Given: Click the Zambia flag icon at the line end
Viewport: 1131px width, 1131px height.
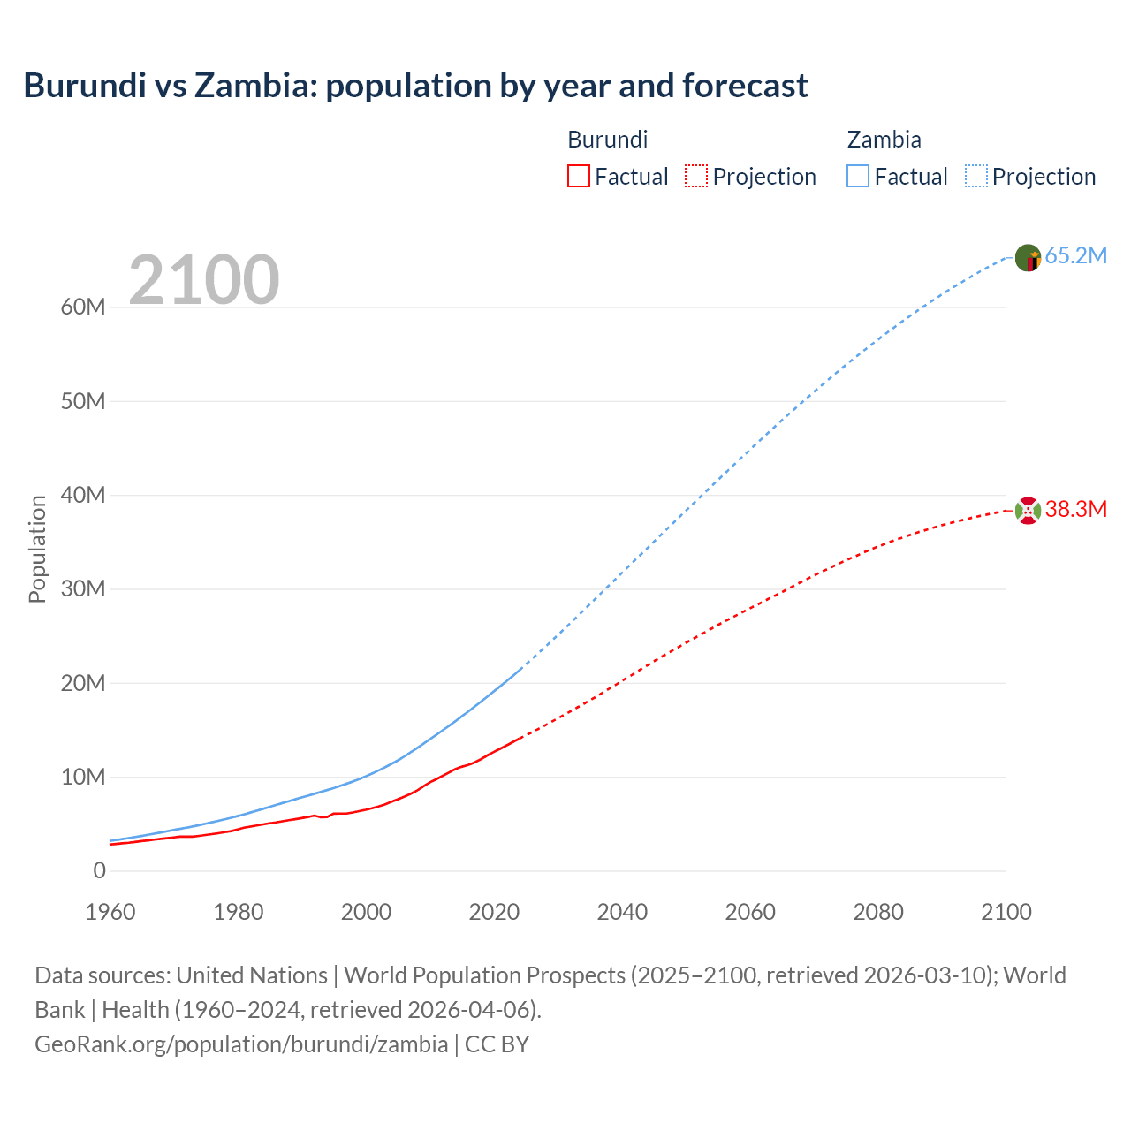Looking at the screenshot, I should click(1028, 257).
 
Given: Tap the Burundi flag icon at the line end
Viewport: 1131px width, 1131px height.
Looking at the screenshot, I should click(1028, 511).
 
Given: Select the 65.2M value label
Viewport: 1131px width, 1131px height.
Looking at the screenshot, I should click(1075, 256).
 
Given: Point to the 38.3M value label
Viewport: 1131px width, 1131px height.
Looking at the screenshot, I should click(1075, 510).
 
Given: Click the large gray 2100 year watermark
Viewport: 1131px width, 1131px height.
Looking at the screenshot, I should click(204, 280).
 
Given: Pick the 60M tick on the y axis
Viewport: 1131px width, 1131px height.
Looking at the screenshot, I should click(83, 307).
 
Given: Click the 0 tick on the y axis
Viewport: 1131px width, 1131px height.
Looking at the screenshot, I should click(99, 871).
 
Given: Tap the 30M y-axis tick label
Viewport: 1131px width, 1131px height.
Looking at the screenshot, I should click(83, 589).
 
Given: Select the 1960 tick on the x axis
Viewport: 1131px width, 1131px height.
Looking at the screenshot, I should click(110, 912).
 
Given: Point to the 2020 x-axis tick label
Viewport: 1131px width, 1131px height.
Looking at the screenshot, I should click(494, 912).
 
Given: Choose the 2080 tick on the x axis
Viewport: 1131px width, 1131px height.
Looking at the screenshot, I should click(877, 912).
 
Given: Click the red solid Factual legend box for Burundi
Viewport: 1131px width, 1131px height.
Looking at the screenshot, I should click(579, 176).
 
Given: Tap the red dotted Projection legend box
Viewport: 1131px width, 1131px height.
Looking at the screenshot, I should click(696, 176).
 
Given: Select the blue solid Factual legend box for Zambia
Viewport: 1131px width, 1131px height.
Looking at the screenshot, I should click(858, 176).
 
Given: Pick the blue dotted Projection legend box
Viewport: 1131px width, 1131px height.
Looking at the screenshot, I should click(975, 176).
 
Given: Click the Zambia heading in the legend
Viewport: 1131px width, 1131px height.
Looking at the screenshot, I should click(884, 140).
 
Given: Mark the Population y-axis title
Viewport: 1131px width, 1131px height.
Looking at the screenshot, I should click(37, 549).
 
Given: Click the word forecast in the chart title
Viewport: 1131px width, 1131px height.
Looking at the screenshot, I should click(745, 86).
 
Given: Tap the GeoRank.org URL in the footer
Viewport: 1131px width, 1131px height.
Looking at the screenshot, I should click(241, 1044).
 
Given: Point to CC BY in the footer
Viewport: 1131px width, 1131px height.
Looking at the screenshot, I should click(497, 1044).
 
